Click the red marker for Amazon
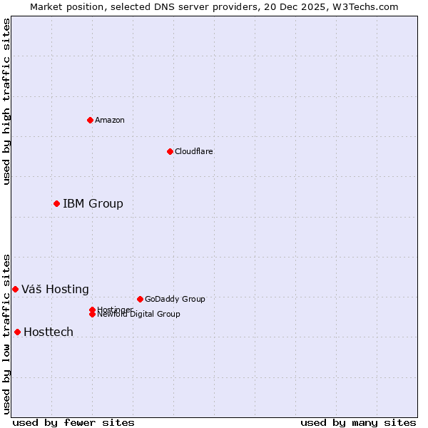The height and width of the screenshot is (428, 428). pyautogui.click(x=90, y=120)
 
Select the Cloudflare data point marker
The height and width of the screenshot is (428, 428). pyautogui.click(x=170, y=151)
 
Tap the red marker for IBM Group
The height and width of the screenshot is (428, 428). pyautogui.click(x=56, y=203)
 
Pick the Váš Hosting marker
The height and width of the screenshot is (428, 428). pyautogui.click(x=15, y=289)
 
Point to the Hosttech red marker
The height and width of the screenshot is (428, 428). pyautogui.click(x=17, y=332)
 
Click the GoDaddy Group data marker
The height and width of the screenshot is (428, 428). pyautogui.click(x=140, y=299)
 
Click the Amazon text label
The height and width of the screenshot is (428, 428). pyautogui.click(x=110, y=120)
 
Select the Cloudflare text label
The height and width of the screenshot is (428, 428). pyautogui.click(x=194, y=151)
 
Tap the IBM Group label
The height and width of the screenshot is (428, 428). pyautogui.click(x=93, y=204)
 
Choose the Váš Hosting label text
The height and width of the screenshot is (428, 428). pyautogui.click(x=55, y=290)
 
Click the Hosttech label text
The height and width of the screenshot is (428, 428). pyautogui.click(x=49, y=332)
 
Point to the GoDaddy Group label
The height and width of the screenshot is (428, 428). pyautogui.click(x=175, y=300)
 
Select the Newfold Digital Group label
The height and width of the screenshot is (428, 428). pyautogui.click(x=139, y=315)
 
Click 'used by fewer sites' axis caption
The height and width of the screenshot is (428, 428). pyautogui.click(x=73, y=422)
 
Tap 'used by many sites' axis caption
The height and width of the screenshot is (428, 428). pyautogui.click(x=358, y=422)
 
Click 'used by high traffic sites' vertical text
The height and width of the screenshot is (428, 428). pyautogui.click(x=6, y=101)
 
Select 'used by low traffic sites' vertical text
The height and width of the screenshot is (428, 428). pyautogui.click(x=6, y=333)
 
